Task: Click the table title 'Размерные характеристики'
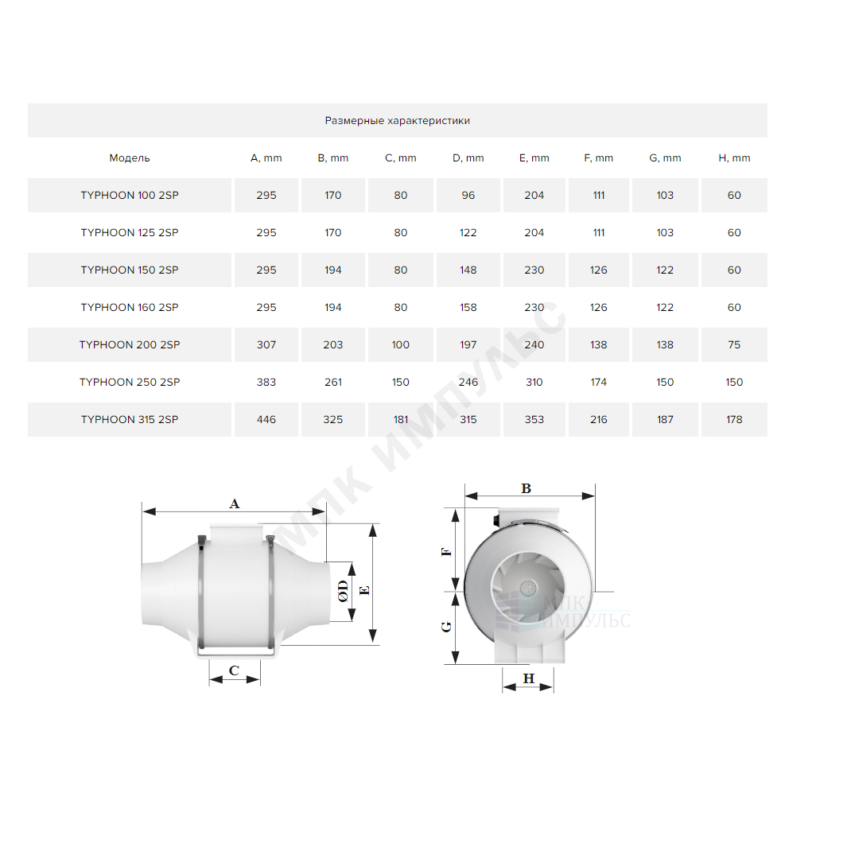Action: click(x=398, y=120)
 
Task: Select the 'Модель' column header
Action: click(x=129, y=158)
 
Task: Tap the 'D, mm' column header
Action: click(x=468, y=158)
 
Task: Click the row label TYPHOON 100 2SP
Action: click(x=129, y=195)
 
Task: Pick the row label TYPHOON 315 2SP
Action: click(x=129, y=419)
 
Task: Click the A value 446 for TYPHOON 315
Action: click(x=266, y=419)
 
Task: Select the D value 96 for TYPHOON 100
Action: click(x=468, y=195)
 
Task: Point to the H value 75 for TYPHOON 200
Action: click(x=734, y=344)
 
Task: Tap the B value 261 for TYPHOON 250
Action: click(x=332, y=382)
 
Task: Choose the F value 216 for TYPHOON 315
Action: click(x=598, y=419)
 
